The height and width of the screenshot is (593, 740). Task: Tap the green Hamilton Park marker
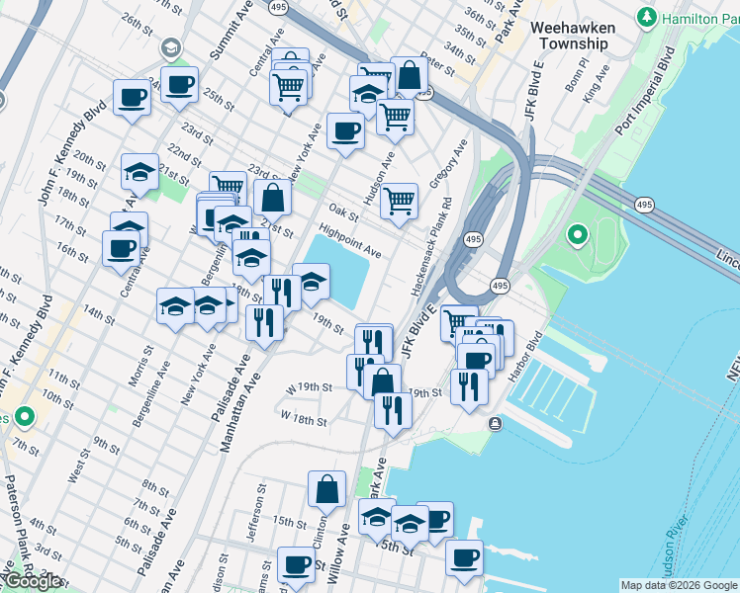pos(647,17)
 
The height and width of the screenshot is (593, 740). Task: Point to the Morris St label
pos(134,365)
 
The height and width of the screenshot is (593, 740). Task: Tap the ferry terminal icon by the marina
pos(494,424)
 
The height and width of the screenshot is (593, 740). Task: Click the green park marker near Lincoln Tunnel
pos(577,235)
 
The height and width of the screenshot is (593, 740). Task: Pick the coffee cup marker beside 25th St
pos(179,85)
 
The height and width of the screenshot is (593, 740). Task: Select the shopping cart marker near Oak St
pos(399,200)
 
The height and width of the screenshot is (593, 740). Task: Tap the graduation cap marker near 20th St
pos(139,171)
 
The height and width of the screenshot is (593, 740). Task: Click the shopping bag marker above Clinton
pos(326,487)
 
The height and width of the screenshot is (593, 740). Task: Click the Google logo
pos(32,581)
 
